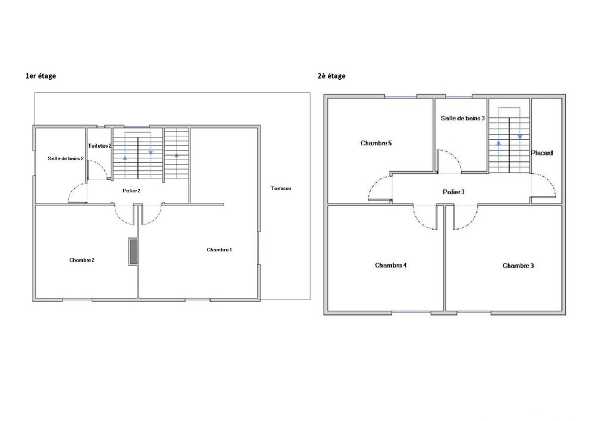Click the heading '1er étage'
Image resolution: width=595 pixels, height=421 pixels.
40,76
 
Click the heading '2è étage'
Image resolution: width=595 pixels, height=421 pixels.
331,76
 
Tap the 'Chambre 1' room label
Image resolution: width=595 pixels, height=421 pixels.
219,250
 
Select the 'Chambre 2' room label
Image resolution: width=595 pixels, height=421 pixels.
82,260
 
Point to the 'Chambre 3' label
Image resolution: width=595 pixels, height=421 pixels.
518,266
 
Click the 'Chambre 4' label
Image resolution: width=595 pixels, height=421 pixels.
391,266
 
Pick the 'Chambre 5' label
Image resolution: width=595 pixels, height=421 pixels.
376,144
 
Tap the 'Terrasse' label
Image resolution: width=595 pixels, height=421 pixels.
281,188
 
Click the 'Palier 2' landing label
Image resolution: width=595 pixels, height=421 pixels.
131,191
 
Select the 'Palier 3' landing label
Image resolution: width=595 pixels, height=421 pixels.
453,192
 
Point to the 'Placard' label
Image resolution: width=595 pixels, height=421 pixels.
542,153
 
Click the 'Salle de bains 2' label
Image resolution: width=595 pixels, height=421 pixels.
65,158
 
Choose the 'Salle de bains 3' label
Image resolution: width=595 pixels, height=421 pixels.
462,118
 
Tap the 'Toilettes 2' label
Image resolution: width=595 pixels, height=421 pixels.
99,146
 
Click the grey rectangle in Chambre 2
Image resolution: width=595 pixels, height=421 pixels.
133,251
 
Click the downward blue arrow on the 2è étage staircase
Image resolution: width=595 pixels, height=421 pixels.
519,136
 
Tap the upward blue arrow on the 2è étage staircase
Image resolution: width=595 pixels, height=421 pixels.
498,143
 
